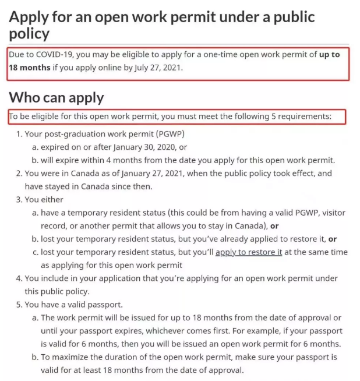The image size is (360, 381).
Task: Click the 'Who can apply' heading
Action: tap(56, 97)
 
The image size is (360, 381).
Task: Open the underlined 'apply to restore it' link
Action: tap(249, 252)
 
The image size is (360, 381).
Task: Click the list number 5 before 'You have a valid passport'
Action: tap(19, 304)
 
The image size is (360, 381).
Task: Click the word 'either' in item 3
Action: tap(52, 199)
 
